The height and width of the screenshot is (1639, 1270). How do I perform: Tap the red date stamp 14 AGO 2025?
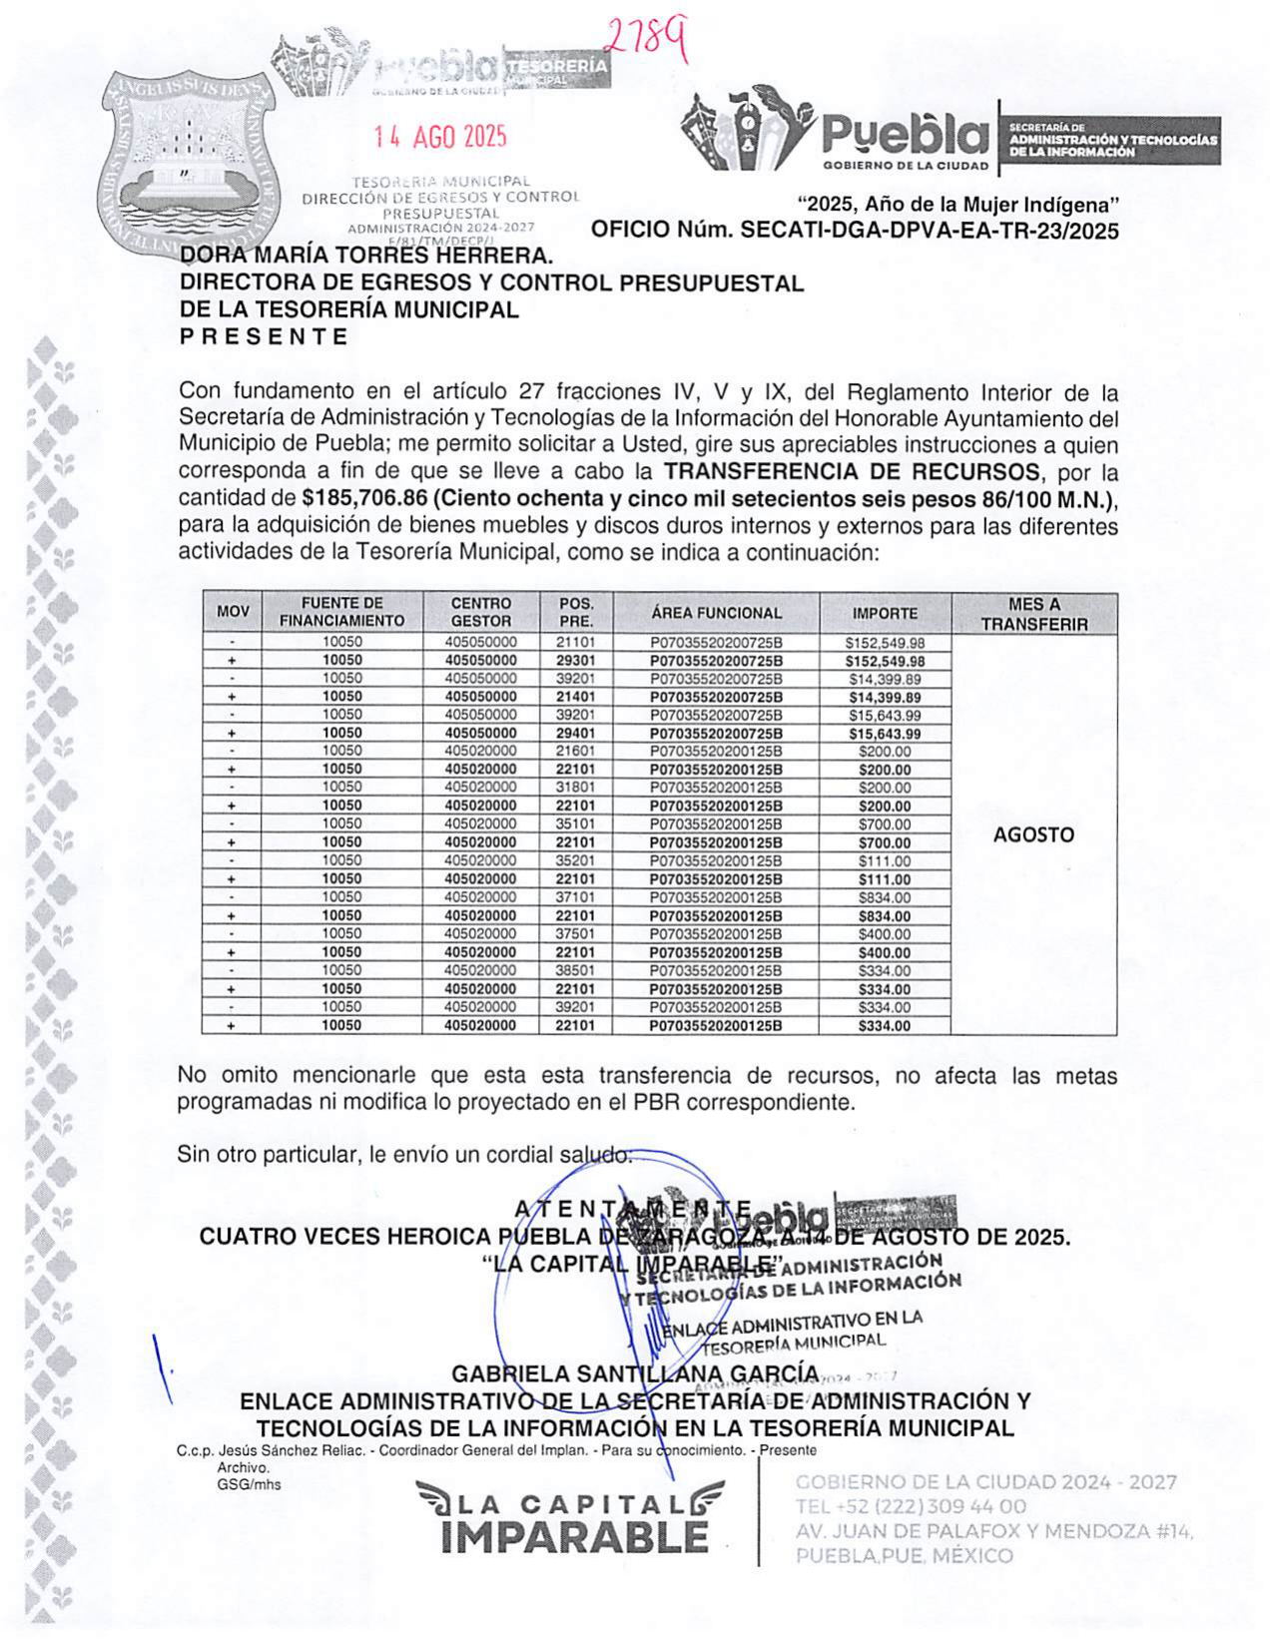[440, 137]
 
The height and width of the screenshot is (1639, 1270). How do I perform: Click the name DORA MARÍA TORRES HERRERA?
[365, 257]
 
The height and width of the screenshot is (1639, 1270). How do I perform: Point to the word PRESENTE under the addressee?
[264, 337]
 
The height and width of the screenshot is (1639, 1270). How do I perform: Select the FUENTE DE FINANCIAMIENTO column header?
[341, 612]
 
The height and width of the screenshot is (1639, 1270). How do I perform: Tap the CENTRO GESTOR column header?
[480, 612]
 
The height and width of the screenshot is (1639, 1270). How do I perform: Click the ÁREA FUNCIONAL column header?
[716, 613]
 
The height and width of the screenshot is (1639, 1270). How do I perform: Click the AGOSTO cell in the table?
[1033, 835]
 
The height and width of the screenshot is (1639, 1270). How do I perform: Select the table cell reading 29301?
[575, 661]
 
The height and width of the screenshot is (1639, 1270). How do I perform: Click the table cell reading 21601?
[575, 751]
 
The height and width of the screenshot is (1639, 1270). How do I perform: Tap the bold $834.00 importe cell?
[885, 916]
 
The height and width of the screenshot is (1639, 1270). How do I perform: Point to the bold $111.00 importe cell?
[885, 879]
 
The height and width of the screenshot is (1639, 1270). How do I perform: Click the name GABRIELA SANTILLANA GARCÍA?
[635, 1374]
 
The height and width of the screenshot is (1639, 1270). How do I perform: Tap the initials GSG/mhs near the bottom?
[249, 1484]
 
